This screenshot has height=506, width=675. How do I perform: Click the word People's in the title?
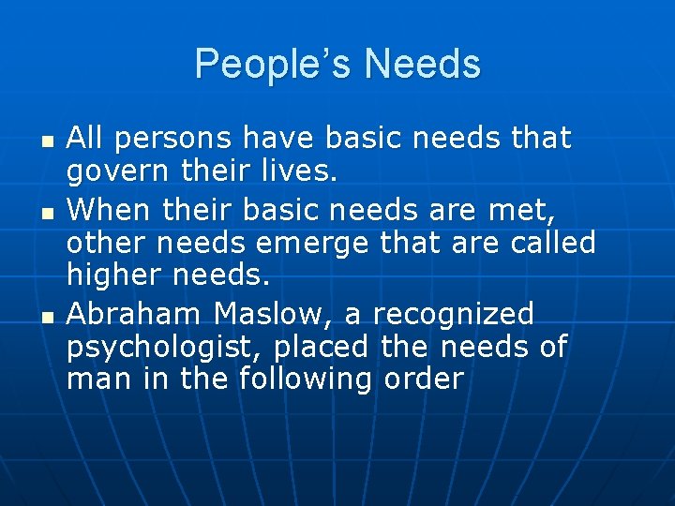[273, 65]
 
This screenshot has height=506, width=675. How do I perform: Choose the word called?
[553, 243]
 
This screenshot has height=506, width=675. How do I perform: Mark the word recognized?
[453, 313]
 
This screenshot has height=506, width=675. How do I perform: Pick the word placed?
[322, 346]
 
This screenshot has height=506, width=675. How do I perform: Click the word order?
[424, 379]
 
